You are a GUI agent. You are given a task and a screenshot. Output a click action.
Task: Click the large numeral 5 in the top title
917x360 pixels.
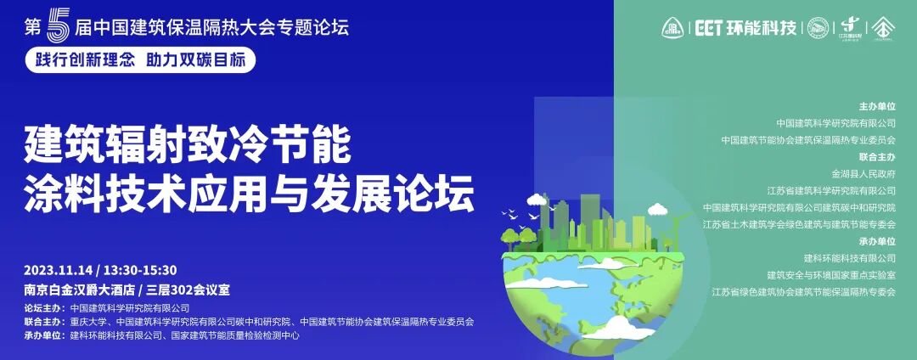56,25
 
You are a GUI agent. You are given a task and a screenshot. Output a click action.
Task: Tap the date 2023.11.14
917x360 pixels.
58,270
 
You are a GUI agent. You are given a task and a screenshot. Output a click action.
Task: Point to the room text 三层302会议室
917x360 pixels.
190,289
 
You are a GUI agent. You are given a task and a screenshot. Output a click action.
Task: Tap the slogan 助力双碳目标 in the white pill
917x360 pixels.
196,59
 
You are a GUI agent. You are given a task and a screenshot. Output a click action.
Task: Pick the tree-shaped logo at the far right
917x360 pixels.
885,28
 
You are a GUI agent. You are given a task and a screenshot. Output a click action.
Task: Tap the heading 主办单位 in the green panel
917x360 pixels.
877,107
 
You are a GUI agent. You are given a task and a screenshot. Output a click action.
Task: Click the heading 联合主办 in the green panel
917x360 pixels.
877,157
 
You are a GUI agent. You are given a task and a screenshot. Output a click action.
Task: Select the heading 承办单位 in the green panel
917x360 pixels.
877,241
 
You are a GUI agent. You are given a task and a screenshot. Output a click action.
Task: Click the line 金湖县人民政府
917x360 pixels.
864,174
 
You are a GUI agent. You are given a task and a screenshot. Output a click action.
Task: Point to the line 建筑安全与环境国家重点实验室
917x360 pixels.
830,275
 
